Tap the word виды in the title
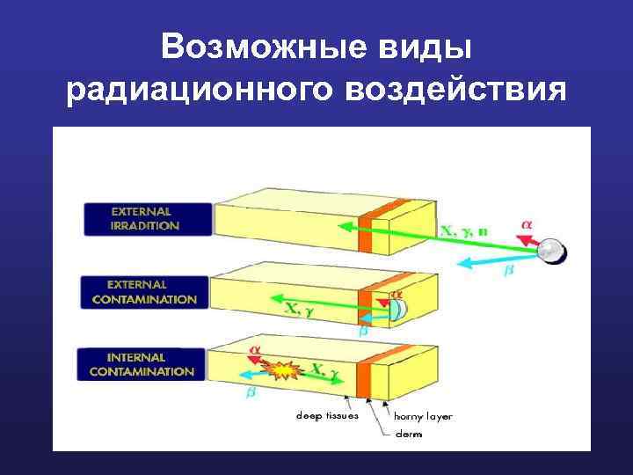point(430,47)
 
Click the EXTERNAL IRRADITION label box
point(148,218)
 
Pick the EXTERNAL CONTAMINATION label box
point(145,292)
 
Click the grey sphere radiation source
point(552,251)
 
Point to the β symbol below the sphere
point(507,274)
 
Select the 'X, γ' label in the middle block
point(300,307)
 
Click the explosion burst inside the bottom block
point(281,371)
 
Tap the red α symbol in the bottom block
point(255,349)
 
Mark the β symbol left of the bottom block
point(251,394)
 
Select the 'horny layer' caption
point(422,416)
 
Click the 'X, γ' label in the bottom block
point(324,371)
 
